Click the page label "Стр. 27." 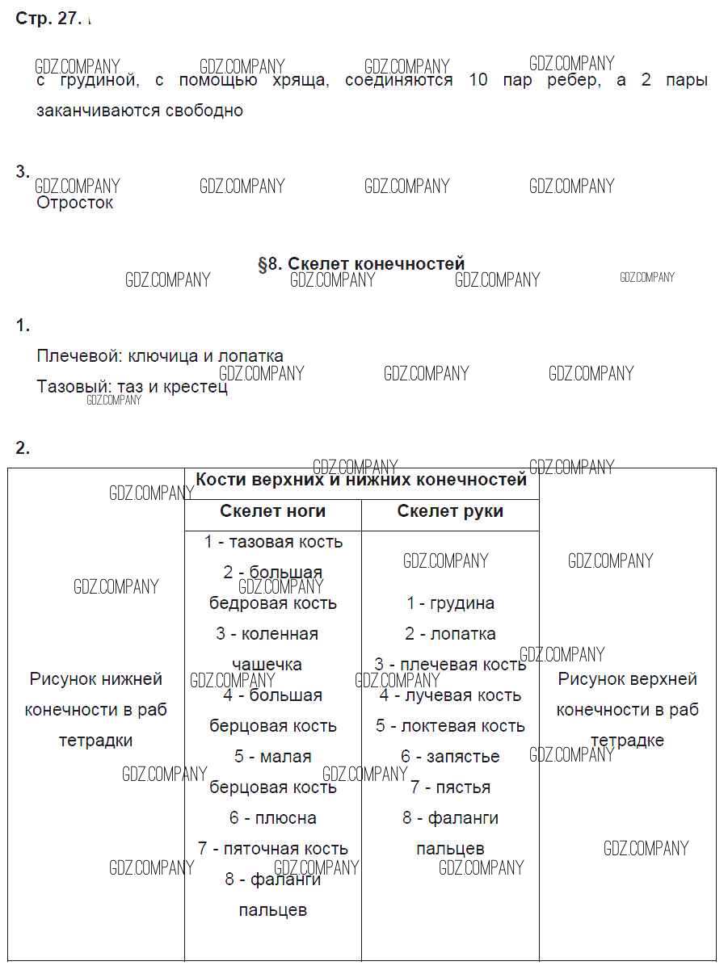click(x=48, y=19)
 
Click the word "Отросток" click(x=75, y=203)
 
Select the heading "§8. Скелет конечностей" click(x=361, y=263)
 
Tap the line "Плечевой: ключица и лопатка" click(x=160, y=356)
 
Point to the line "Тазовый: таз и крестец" click(x=132, y=387)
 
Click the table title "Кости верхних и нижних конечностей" click(x=361, y=480)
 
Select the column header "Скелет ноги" click(x=272, y=511)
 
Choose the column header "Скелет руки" click(x=450, y=511)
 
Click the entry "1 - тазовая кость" click(x=273, y=542)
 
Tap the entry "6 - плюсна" click(x=273, y=818)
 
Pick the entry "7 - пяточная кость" click(x=273, y=849)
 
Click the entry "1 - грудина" click(x=450, y=603)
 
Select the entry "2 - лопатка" click(x=450, y=634)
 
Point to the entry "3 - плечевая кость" click(x=450, y=665)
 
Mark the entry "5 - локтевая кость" click(x=450, y=726)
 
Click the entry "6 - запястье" click(x=450, y=757)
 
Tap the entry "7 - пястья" click(x=450, y=787)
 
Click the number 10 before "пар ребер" click(x=478, y=81)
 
